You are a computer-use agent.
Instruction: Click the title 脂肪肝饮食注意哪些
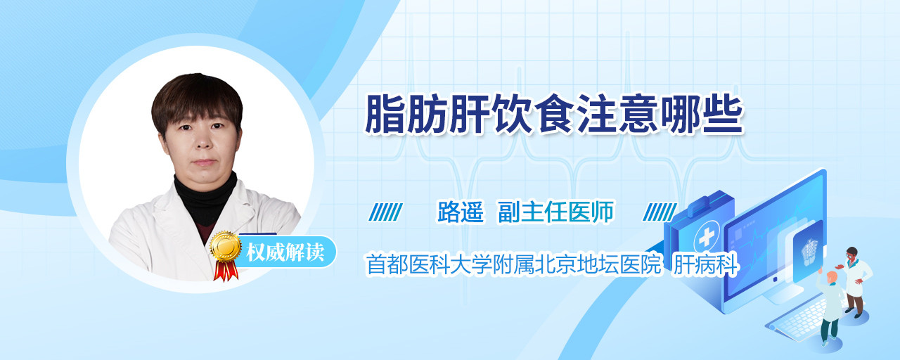pos(553,114)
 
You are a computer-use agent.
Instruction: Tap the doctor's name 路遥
pos(461,212)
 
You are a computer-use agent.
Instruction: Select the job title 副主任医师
pos(556,212)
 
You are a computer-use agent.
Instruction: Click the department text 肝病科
pos(705,264)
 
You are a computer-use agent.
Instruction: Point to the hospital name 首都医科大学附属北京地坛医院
pos(514,264)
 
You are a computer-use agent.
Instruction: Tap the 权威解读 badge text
pos(285,252)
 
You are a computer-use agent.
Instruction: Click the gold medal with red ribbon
pos(226,255)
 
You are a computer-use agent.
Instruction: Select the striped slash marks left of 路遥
pos(385,212)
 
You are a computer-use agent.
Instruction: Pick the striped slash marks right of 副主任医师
pos(660,212)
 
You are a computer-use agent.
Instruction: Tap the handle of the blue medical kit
pos(709,202)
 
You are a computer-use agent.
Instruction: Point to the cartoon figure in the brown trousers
pos(854,281)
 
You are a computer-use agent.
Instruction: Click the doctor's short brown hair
pos(196,101)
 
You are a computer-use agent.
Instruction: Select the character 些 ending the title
pos(723,114)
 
